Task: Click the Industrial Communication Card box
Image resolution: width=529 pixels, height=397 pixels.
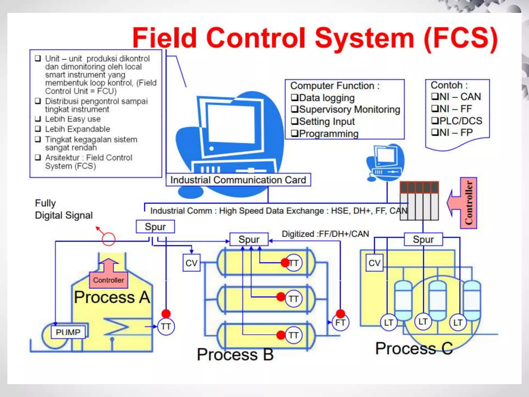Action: click(x=238, y=180)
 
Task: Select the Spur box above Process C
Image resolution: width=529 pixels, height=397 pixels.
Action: click(x=423, y=239)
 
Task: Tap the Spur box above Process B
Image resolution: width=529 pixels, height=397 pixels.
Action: click(x=249, y=239)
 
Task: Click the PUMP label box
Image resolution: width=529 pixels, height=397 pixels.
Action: click(x=68, y=332)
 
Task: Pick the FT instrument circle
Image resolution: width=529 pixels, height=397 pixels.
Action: click(x=340, y=323)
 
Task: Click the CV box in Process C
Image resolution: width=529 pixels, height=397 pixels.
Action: click(x=374, y=263)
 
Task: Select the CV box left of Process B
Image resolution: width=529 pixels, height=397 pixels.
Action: click(x=191, y=263)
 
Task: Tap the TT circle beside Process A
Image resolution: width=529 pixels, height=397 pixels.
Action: click(x=166, y=327)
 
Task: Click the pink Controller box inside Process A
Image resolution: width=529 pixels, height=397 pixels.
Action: click(x=108, y=280)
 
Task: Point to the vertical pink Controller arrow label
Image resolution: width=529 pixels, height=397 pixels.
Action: click(x=468, y=203)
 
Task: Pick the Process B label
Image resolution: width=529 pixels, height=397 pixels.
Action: click(x=235, y=354)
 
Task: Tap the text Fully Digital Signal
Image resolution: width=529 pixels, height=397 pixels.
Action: click(x=64, y=209)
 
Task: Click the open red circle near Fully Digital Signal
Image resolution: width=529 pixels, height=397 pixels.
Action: click(x=108, y=239)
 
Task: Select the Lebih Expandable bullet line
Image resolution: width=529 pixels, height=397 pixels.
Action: click(x=77, y=129)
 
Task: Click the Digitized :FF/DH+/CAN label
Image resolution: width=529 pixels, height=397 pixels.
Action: click(x=325, y=234)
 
